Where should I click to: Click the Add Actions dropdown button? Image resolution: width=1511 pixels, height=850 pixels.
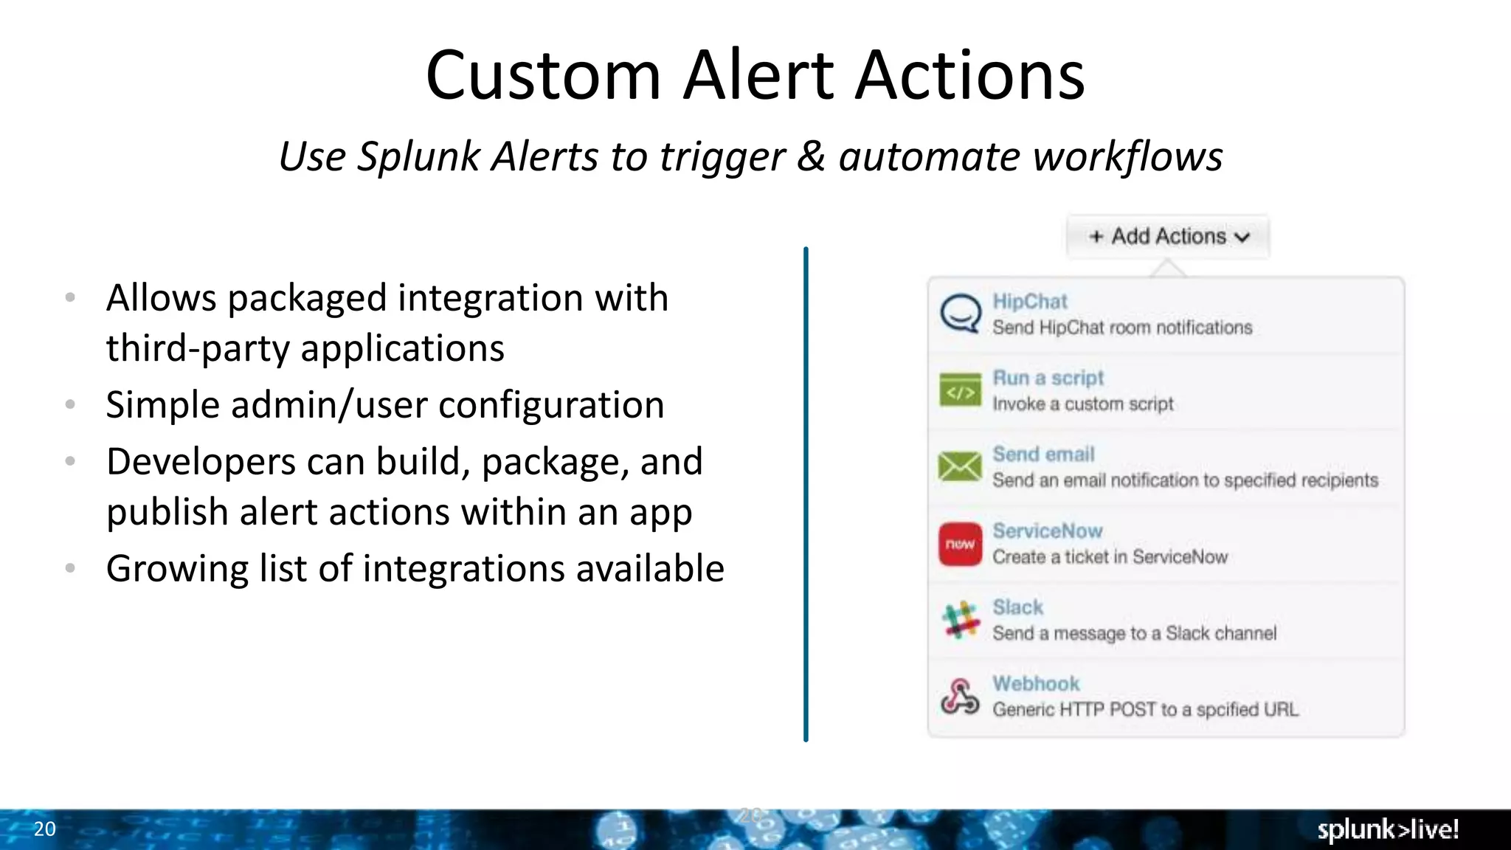pyautogui.click(x=1168, y=236)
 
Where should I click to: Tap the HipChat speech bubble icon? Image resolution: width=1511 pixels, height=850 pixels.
pyautogui.click(x=960, y=314)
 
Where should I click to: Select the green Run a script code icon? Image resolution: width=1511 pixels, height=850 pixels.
pyautogui.click(x=960, y=391)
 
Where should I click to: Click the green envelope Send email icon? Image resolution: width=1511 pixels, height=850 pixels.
pyautogui.click(x=960, y=467)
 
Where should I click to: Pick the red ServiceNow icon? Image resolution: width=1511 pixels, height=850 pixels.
pyautogui.click(x=960, y=545)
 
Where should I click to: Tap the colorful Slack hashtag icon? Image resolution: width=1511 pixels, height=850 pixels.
pyautogui.click(x=960, y=620)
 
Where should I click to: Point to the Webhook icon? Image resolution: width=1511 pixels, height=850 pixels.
pyautogui.click(x=960, y=697)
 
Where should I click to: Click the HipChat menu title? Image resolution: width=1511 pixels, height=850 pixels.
pyautogui.click(x=1029, y=301)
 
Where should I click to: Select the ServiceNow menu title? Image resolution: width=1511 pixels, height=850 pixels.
pyautogui.click(x=1047, y=531)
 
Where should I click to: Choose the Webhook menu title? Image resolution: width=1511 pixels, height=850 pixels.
pyautogui.click(x=1035, y=683)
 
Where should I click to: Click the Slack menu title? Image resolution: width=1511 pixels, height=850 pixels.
pyautogui.click(x=1017, y=607)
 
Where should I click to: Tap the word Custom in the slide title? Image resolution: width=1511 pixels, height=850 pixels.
pyautogui.click(x=543, y=75)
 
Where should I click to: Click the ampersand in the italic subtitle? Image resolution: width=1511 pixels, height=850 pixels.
pyautogui.click(x=811, y=156)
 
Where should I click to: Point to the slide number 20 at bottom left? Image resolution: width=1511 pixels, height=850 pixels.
pyautogui.click(x=44, y=829)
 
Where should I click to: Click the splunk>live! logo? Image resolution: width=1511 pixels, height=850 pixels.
pyautogui.click(x=1387, y=829)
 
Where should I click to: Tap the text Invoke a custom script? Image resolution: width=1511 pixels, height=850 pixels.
pyautogui.click(x=1082, y=404)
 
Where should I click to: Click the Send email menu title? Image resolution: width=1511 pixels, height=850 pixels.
pyautogui.click(x=1043, y=454)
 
